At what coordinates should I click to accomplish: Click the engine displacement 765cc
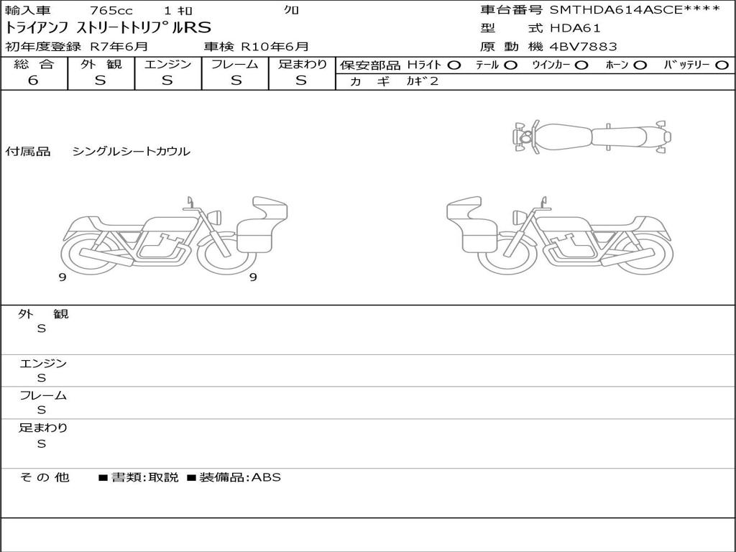tap(111, 10)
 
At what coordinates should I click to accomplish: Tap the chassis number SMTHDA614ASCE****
tap(635, 10)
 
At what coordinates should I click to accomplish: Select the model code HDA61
tap(575, 28)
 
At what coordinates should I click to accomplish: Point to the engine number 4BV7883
tap(583, 47)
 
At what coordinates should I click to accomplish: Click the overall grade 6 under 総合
tap(33, 80)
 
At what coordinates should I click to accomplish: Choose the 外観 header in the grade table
tap(101, 64)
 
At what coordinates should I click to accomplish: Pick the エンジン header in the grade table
tap(167, 64)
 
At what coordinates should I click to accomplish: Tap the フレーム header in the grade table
tap(235, 64)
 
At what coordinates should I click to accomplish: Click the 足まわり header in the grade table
tap(302, 64)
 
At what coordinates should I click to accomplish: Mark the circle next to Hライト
tap(454, 65)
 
